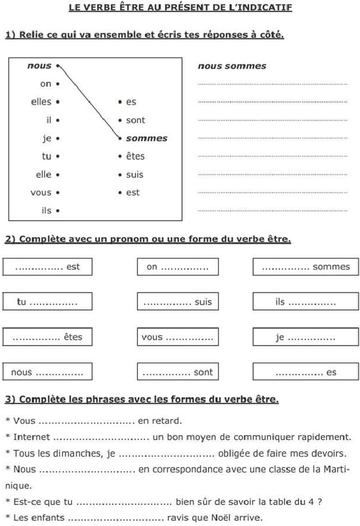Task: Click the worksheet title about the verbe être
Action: pos(180,7)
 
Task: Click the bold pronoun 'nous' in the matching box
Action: pos(39,66)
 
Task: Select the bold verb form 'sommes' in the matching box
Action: pos(146,138)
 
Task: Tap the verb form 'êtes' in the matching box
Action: pos(135,156)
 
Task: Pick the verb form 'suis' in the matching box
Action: pos(135,174)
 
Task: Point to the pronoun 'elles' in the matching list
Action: pos(41,102)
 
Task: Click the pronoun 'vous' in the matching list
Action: pos(41,192)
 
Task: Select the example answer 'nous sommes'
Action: pos(232,66)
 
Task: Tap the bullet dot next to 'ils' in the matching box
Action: pos(58,211)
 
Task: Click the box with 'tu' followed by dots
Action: pos(47,302)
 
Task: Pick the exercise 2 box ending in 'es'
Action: pos(306,372)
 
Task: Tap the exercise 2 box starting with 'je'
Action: pos(306,337)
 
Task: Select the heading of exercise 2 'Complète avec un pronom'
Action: pos(148,239)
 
